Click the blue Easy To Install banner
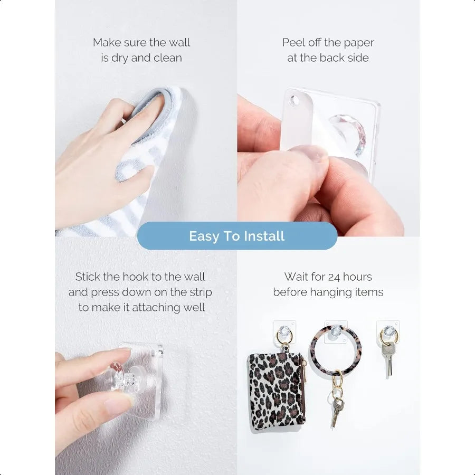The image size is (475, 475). pyautogui.click(x=237, y=236)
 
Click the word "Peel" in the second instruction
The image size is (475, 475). pyautogui.click(x=294, y=43)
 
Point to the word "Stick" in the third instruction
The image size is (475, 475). pyautogui.click(x=88, y=277)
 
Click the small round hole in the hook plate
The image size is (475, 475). pyautogui.click(x=293, y=100)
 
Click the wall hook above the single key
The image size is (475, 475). pyautogui.click(x=388, y=331)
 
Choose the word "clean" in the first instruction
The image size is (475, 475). pyautogui.click(x=167, y=58)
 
